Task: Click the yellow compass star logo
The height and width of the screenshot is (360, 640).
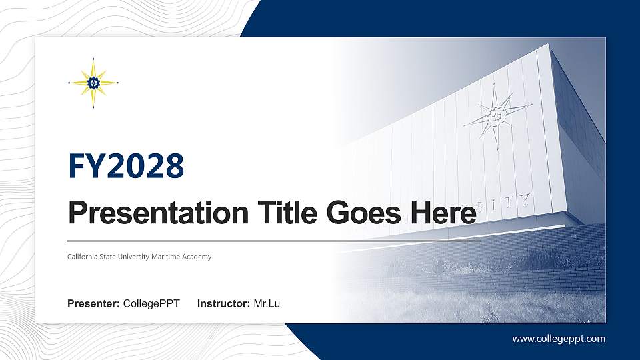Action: [93, 83]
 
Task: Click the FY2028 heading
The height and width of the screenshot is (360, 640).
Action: [126, 167]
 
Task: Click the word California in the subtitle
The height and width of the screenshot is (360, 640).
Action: [83, 257]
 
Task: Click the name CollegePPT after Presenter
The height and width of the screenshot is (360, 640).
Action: [151, 304]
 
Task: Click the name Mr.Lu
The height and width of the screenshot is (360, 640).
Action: [267, 304]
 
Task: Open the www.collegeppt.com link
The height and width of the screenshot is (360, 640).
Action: [559, 339]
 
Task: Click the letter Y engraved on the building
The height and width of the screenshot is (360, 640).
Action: [525, 199]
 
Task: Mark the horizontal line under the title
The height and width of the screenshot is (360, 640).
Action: [274, 240]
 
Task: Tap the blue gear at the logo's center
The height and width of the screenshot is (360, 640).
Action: [93, 83]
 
